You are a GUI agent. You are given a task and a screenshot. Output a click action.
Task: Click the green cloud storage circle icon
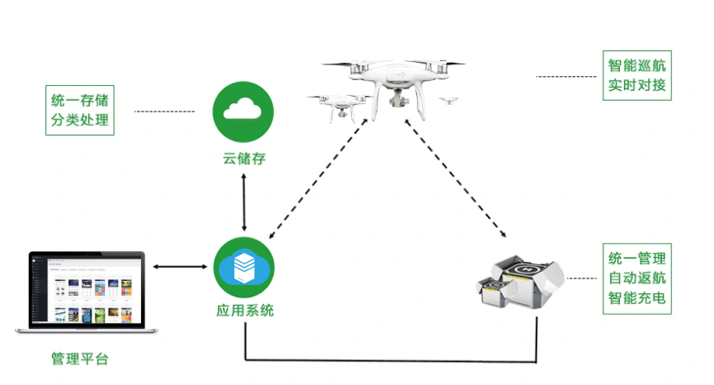point(244,112)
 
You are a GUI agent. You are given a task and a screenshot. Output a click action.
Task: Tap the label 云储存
point(244,159)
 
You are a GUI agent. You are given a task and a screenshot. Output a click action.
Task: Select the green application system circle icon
point(244,268)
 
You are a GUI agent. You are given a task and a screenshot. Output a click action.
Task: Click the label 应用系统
point(244,311)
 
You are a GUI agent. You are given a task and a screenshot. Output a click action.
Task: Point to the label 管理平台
point(80,359)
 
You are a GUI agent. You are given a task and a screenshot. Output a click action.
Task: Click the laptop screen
point(87,290)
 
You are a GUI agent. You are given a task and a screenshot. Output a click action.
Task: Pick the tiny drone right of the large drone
point(448,101)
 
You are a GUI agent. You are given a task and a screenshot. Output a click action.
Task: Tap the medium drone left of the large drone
point(338,107)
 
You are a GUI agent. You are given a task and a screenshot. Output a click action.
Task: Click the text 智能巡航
point(636,65)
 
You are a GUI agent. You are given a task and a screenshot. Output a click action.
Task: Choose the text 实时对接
point(636,85)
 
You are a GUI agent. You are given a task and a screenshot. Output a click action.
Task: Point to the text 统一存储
point(80,100)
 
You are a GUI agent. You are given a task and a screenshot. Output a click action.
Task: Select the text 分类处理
point(80,120)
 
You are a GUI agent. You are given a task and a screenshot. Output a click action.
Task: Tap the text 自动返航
point(637,278)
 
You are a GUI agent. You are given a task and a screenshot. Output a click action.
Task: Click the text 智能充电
point(637,298)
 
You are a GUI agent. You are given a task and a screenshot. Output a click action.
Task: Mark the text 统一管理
point(637,259)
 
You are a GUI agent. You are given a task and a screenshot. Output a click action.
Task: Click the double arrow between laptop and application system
point(180,267)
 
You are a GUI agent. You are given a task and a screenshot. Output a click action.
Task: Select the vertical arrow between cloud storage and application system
point(244,202)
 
